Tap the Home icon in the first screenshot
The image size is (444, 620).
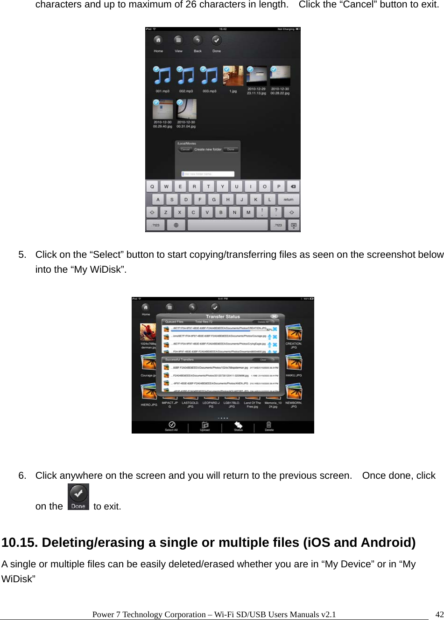pyautogui.click(x=158, y=41)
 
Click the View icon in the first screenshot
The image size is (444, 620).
pyautogui.click(x=178, y=41)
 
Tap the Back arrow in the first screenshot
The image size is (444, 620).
pyautogui.click(x=197, y=41)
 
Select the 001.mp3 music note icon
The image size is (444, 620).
pyautogui.click(x=162, y=76)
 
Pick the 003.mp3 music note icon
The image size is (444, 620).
pyautogui.click(x=209, y=76)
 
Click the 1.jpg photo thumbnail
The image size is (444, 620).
pyautogui.click(x=233, y=76)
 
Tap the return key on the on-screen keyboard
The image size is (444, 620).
pyautogui.click(x=288, y=200)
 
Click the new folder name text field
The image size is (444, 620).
pyautogui.click(x=208, y=174)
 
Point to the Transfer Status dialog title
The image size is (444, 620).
pyautogui.click(x=223, y=317)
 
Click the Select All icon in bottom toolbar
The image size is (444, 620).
pyautogui.click(x=171, y=425)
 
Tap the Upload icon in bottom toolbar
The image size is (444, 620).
pyautogui.click(x=205, y=425)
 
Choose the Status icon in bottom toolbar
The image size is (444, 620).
pyautogui.click(x=238, y=425)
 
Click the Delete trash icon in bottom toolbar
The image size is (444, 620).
pyautogui.click(x=269, y=425)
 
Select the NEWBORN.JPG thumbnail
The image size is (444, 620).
pyautogui.click(x=294, y=392)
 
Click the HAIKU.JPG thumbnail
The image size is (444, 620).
pyautogui.click(x=294, y=363)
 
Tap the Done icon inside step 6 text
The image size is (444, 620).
pyautogui.click(x=78, y=497)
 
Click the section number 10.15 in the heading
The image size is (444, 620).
pyautogui.click(x=19, y=543)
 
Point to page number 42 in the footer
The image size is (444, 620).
pyautogui.click(x=439, y=614)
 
